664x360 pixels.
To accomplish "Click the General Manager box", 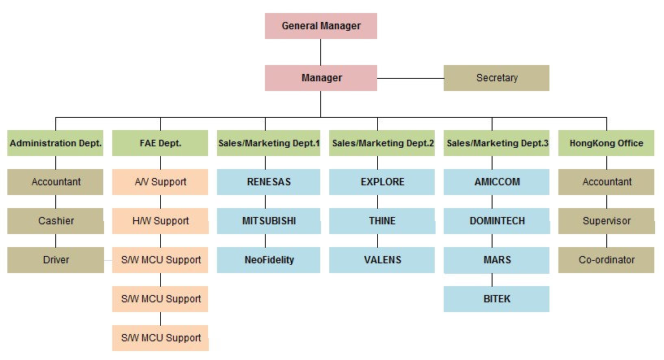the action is pyautogui.click(x=321, y=26).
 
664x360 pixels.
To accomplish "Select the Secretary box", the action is pyautogui.click(x=497, y=78).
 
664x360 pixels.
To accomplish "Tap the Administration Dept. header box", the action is pyautogui.click(x=55, y=143).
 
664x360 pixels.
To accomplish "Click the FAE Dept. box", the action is pyautogui.click(x=160, y=143).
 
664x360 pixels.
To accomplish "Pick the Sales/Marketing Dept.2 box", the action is pyautogui.click(x=382, y=143).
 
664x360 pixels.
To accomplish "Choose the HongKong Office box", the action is pyautogui.click(x=606, y=143).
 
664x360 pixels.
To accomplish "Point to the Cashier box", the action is pyautogui.click(x=55, y=221).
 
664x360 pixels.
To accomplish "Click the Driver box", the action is pyautogui.click(x=55, y=260).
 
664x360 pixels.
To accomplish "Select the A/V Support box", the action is pyautogui.click(x=160, y=182).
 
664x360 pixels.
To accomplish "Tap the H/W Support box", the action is pyautogui.click(x=160, y=221).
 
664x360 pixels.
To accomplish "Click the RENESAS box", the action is pyautogui.click(x=268, y=182).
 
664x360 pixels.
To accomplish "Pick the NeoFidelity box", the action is pyautogui.click(x=268, y=260).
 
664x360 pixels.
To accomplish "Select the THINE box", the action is pyautogui.click(x=383, y=221).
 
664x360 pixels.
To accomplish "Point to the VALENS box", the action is pyautogui.click(x=382, y=260).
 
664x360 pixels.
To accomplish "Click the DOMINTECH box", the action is pyautogui.click(x=497, y=221).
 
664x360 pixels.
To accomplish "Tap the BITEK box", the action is pyautogui.click(x=497, y=299).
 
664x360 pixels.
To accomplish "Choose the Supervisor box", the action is pyautogui.click(x=606, y=221).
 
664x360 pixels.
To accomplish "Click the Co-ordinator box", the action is pyautogui.click(x=606, y=260).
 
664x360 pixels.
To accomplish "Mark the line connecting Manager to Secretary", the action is pyautogui.click(x=410, y=78).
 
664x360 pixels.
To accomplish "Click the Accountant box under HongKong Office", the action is pyautogui.click(x=606, y=182).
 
